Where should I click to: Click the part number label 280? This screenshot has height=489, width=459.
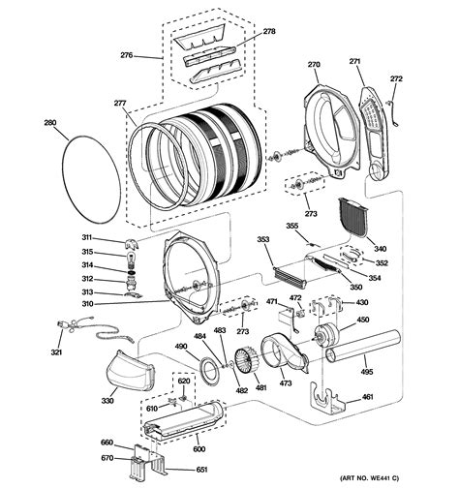pyautogui.click(x=51, y=123)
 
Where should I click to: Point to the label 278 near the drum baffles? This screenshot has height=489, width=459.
pyautogui.click(x=268, y=32)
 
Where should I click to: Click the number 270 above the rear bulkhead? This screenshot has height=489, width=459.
pyautogui.click(x=314, y=65)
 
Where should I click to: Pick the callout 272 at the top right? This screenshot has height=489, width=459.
pyautogui.click(x=395, y=78)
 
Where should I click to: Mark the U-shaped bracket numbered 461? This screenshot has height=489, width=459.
pyautogui.click(x=327, y=398)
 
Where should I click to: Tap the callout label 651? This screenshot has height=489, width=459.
pyautogui.click(x=201, y=470)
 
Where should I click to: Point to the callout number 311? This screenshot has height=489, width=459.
pyautogui.click(x=86, y=237)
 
